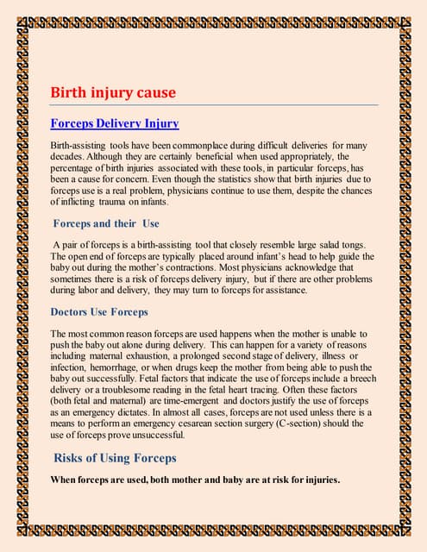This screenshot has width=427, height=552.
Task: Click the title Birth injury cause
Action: pyautogui.click(x=113, y=91)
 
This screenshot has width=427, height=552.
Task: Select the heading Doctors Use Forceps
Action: pyautogui.click(x=98, y=311)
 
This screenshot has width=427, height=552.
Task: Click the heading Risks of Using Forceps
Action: pyautogui.click(x=115, y=457)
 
